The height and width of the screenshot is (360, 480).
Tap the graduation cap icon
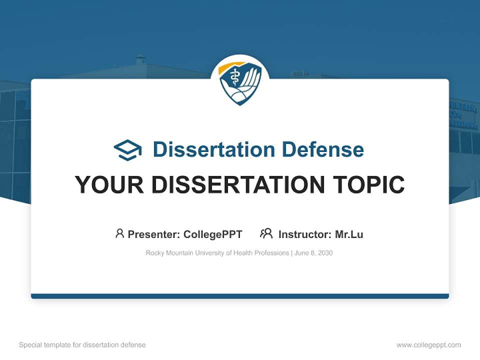click(x=127, y=150)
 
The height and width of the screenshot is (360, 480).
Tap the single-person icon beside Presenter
click(x=119, y=233)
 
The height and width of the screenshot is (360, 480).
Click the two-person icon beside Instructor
click(x=266, y=233)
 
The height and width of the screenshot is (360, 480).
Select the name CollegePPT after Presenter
click(x=212, y=234)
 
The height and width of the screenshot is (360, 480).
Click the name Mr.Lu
click(x=349, y=234)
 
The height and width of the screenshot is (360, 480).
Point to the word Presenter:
click(x=154, y=234)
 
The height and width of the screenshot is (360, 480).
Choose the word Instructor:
click(x=304, y=234)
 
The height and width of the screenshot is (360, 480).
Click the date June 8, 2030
click(x=313, y=253)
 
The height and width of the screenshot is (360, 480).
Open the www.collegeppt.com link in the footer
click(x=428, y=345)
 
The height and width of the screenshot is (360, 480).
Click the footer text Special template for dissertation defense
click(x=82, y=345)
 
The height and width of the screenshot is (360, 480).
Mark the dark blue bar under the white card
click(x=240, y=296)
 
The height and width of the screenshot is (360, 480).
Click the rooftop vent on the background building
click(x=140, y=59)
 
